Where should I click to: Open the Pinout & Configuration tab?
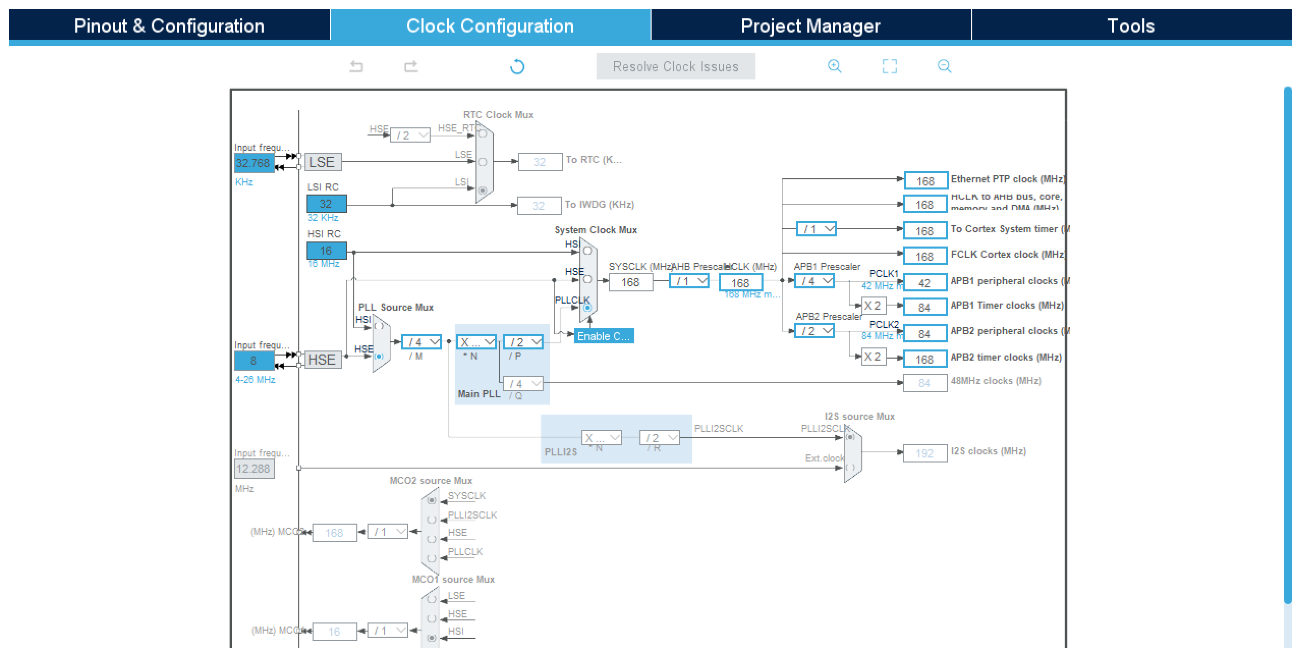pyautogui.click(x=169, y=25)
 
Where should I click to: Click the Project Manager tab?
pyautogui.click(x=810, y=25)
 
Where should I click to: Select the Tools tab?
pyautogui.click(x=1131, y=25)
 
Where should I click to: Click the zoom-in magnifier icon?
pyautogui.click(x=834, y=66)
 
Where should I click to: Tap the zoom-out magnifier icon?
pyautogui.click(x=944, y=66)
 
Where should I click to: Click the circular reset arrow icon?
pyautogui.click(x=517, y=67)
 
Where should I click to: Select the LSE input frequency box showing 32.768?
pyautogui.click(x=254, y=163)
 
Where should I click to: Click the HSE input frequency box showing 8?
pyautogui.click(x=254, y=361)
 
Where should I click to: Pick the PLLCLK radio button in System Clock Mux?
pyautogui.click(x=587, y=308)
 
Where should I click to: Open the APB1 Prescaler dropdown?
pyautogui.click(x=814, y=281)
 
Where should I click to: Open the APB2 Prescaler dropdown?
pyautogui.click(x=814, y=331)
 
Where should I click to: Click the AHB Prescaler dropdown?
pyautogui.click(x=689, y=281)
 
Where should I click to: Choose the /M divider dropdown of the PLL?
pyautogui.click(x=421, y=342)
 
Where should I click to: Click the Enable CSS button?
pyautogui.click(x=604, y=336)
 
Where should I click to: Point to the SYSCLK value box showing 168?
pyautogui.click(x=630, y=282)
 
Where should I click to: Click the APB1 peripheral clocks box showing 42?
pyautogui.click(x=925, y=283)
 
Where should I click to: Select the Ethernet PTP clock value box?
pyautogui.click(x=925, y=181)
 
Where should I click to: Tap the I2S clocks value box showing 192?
pyautogui.click(x=925, y=453)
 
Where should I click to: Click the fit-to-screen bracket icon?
pyautogui.click(x=889, y=66)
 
